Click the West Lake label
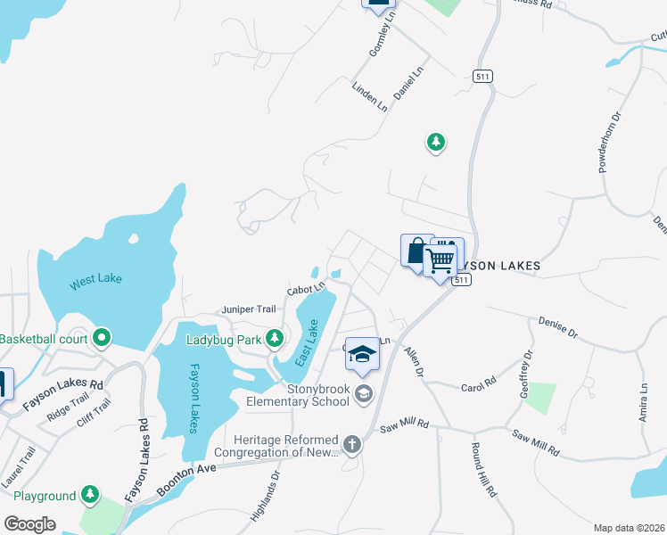[x=95, y=280]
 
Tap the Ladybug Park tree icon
[x=276, y=337]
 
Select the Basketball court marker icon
[x=102, y=338]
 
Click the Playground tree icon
[x=90, y=494]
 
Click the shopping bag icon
[x=416, y=251]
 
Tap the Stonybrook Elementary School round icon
[x=363, y=392]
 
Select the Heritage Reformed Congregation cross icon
[x=352, y=443]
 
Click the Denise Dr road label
[x=558, y=326]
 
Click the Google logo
[x=29, y=523]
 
